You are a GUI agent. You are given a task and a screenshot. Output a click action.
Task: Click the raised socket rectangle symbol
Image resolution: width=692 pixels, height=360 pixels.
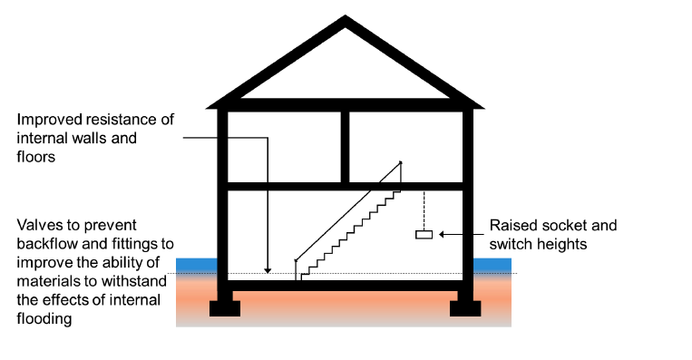point(424,235)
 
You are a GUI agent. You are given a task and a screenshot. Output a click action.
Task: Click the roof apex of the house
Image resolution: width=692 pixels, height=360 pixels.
point(346,22)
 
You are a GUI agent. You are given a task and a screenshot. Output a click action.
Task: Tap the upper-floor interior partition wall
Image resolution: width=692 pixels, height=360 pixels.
point(346,146)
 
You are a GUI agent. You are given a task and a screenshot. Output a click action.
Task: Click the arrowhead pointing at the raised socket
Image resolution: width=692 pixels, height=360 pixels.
point(443,235)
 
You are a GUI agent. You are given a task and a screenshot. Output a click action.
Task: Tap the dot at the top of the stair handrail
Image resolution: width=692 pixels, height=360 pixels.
point(400,163)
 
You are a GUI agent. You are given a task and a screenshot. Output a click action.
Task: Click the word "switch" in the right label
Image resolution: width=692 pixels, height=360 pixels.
point(510,244)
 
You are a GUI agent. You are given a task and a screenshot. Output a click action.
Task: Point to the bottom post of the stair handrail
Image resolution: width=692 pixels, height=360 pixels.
point(296,270)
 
